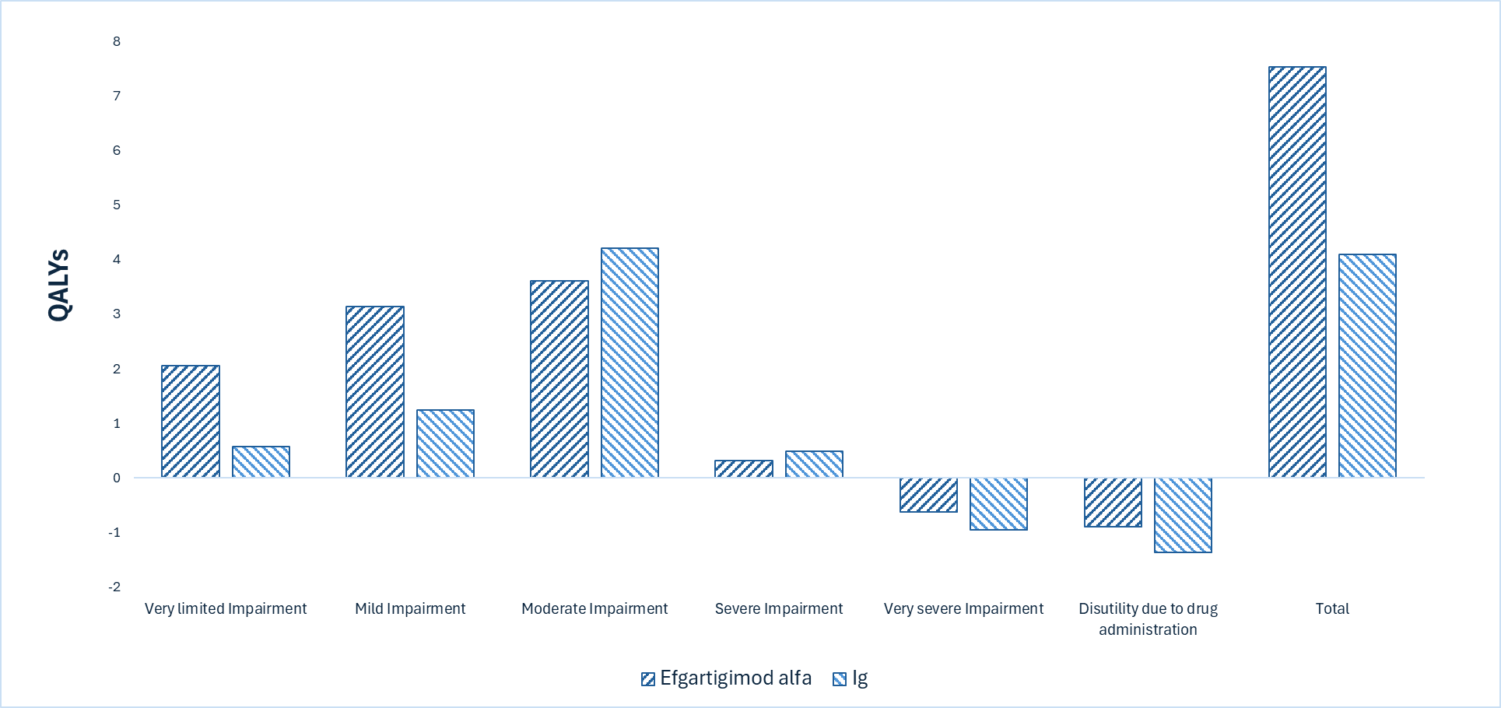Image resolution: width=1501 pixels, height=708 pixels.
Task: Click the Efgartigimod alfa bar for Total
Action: pyautogui.click(x=1297, y=272)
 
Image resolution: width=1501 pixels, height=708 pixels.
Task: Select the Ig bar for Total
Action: pyautogui.click(x=1367, y=366)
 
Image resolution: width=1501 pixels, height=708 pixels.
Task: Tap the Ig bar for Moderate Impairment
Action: pyautogui.click(x=630, y=363)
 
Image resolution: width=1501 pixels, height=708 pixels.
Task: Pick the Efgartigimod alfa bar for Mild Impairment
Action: pyautogui.click(x=375, y=391)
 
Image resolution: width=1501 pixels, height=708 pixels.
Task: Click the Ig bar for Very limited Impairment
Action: pyautogui.click(x=261, y=462)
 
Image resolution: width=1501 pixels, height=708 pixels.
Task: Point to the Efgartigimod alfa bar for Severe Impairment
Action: pyautogui.click(x=744, y=469)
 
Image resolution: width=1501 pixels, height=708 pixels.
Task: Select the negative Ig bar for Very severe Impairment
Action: pyautogui.click(x=998, y=504)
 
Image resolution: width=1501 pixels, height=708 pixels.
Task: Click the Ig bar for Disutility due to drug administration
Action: pyautogui.click(x=1183, y=515)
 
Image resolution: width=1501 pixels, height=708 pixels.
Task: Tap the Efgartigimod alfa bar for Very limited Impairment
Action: pyautogui.click(x=191, y=421)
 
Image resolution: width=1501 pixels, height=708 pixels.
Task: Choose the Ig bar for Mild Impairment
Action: pyautogui.click(x=445, y=443)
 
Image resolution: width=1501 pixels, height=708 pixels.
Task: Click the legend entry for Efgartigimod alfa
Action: pyautogui.click(x=726, y=678)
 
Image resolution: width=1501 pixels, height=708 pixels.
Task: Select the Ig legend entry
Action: pyautogui.click(x=850, y=678)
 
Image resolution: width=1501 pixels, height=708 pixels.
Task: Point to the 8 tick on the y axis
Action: pyautogui.click(x=117, y=41)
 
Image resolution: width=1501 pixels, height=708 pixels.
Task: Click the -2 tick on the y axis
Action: pyautogui.click(x=114, y=587)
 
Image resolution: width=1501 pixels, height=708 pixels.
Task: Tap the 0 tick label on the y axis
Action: pyautogui.click(x=117, y=478)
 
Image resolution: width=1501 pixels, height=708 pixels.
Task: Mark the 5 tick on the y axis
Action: pyautogui.click(x=117, y=205)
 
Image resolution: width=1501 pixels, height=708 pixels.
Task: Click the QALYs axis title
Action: pyautogui.click(x=59, y=285)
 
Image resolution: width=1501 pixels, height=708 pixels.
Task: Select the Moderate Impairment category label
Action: pyautogui.click(x=594, y=608)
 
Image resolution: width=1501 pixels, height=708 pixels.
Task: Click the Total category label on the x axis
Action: pyautogui.click(x=1332, y=608)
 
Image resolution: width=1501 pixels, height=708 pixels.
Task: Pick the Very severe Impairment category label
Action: pyautogui.click(x=963, y=608)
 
